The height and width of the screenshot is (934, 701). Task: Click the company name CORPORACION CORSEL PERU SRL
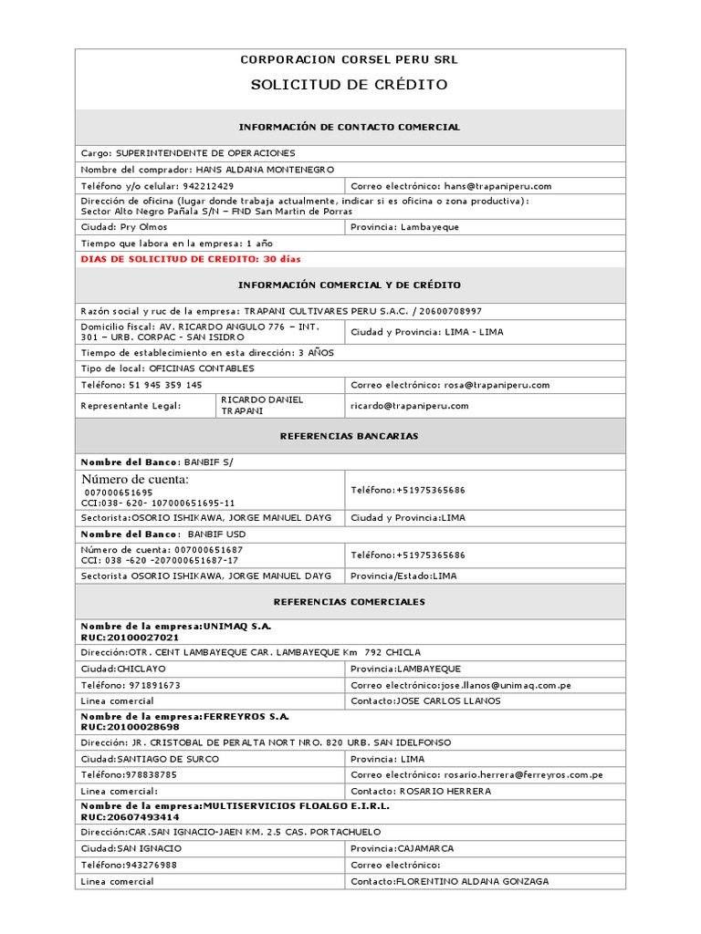point(350,59)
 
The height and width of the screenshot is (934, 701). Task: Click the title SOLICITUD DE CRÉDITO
point(350,85)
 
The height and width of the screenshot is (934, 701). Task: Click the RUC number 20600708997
point(450,311)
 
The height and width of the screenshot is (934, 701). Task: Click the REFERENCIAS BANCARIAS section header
point(350,436)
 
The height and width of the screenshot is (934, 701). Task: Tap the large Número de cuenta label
point(135,480)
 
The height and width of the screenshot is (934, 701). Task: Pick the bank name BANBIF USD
point(217,534)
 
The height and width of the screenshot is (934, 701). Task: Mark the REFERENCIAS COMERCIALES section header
point(350,602)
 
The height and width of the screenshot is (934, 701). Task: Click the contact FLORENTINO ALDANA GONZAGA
point(472,881)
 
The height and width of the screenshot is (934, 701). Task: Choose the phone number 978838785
point(146,774)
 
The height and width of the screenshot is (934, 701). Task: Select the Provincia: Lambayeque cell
point(405,227)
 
